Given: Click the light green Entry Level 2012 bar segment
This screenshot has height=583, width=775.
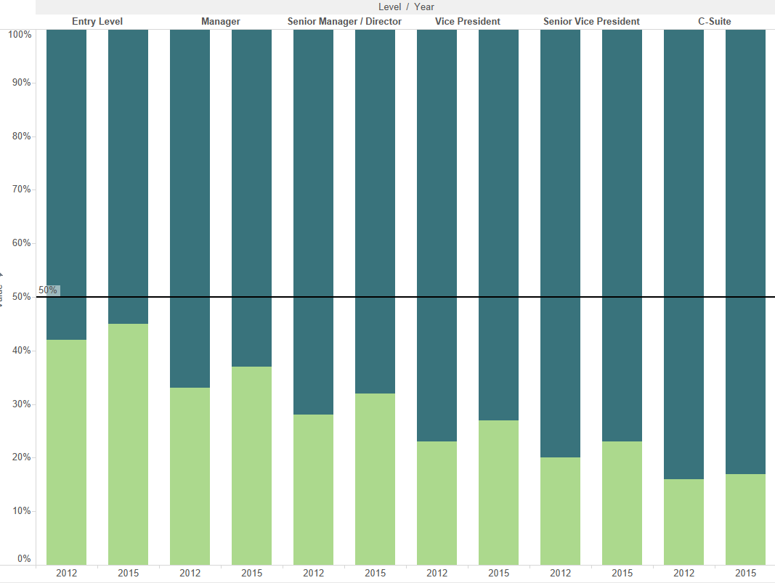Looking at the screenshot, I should [66, 452].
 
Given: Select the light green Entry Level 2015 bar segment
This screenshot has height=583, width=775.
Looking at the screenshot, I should [128, 444].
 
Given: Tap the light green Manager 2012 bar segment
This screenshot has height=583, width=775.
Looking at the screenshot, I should [190, 476].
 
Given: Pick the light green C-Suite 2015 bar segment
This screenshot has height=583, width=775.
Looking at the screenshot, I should [745, 518].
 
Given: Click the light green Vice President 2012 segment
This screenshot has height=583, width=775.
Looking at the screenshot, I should [437, 502].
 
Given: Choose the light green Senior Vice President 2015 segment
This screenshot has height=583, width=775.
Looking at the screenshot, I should [622, 502].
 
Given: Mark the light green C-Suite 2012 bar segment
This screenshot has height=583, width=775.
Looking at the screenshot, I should [683, 521].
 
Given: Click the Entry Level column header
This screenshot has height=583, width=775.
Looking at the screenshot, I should [97, 21].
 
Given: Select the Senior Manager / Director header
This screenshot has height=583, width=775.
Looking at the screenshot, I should [344, 21].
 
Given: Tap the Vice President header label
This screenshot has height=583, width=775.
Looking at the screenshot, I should [468, 21].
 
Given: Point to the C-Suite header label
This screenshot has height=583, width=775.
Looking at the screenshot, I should [715, 21].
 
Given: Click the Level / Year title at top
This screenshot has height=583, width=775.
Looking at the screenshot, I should [406, 7].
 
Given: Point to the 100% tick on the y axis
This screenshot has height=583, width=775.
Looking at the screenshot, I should [20, 34].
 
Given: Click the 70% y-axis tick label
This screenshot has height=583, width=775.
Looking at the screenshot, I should [21, 189].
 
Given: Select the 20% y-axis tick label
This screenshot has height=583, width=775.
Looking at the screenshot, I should [21, 457].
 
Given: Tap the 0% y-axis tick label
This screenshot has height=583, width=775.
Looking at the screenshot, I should [24, 559].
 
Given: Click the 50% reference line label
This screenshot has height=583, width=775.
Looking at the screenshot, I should [48, 290].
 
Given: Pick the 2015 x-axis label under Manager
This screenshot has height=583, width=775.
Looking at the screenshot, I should [251, 573].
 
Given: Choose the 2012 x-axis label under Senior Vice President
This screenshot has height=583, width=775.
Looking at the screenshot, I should [560, 573].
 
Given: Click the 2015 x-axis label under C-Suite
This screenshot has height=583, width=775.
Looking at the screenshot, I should [745, 573].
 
